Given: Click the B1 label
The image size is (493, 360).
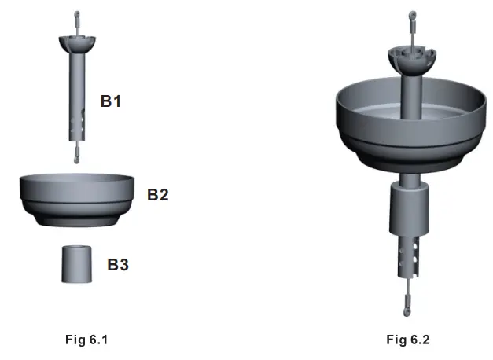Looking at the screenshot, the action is pos(111,101).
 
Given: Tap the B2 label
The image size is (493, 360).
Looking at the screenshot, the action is pos(158,195).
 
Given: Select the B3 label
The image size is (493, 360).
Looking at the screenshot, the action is pos(118,264).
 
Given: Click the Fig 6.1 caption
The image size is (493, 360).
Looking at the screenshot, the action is pos(86,340).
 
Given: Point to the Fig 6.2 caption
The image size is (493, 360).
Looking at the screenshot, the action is pos(408,340).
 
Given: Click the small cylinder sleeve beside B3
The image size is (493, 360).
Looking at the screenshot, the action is pos(77,264).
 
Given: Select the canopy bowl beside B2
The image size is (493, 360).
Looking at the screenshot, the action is pos(77,200).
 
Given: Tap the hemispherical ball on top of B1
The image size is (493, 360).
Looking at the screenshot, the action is pos(77,44).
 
